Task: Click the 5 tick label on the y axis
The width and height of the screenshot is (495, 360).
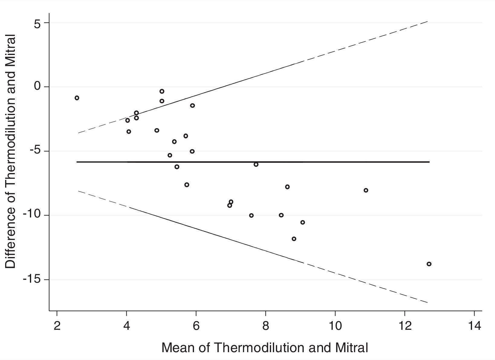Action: (37, 24)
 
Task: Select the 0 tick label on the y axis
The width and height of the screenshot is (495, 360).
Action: (37, 87)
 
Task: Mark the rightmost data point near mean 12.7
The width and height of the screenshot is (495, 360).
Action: (429, 264)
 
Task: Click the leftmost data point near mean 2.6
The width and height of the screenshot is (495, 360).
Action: (77, 98)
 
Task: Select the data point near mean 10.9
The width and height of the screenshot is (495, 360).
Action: (366, 190)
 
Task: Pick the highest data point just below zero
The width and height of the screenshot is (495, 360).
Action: (162, 91)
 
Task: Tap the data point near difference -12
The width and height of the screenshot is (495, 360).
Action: (294, 239)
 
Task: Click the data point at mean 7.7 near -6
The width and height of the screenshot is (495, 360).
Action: (256, 165)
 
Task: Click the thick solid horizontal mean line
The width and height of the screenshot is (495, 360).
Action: (302, 162)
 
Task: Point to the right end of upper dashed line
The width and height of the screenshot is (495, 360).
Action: (427, 22)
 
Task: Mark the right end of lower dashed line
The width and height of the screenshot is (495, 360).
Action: (427, 302)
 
